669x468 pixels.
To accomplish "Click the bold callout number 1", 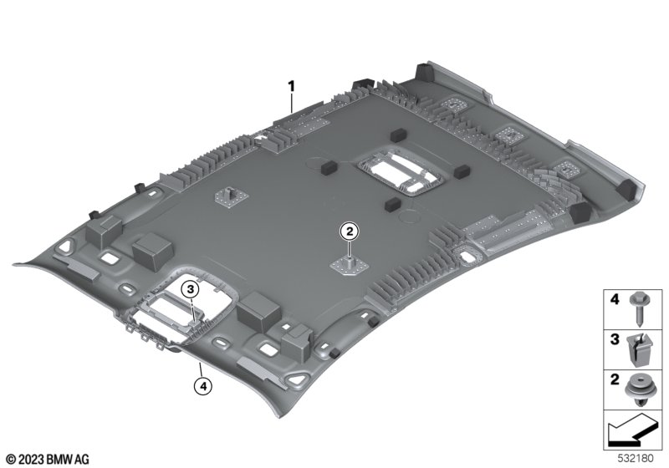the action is click(291, 87).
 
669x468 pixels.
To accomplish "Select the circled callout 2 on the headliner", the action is click(350, 231).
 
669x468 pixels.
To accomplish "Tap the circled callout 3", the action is click(191, 289).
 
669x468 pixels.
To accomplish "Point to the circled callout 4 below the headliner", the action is click(203, 386).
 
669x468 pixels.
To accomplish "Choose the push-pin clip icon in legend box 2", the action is click(639, 389).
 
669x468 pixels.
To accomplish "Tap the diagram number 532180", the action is click(636, 459).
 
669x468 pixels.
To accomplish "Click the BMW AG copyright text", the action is click(49, 460).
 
